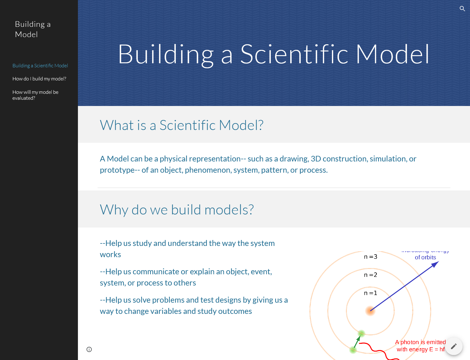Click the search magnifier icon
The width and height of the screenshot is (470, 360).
(x=462, y=9)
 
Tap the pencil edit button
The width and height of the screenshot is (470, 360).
(x=453, y=346)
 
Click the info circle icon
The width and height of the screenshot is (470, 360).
(x=89, y=349)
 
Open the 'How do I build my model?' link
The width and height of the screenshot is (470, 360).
(x=39, y=79)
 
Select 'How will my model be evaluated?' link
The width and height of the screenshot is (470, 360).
(x=35, y=95)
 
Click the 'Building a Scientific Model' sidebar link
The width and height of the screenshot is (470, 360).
(x=40, y=66)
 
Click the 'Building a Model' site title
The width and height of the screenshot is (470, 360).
(x=33, y=29)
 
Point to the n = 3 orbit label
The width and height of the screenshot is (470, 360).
(x=371, y=257)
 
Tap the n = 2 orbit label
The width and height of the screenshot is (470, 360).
(x=371, y=275)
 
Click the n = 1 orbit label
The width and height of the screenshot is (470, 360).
(x=371, y=293)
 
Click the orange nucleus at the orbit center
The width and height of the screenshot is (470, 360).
(x=370, y=310)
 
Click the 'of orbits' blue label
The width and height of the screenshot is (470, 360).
(x=425, y=257)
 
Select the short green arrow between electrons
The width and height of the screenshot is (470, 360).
(x=357, y=341)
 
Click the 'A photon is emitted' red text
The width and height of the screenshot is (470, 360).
(x=420, y=342)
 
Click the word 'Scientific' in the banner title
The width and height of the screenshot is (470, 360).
(x=294, y=54)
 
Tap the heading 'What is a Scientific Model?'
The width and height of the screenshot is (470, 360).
(x=181, y=125)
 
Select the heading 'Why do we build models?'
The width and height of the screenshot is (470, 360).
(x=177, y=210)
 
